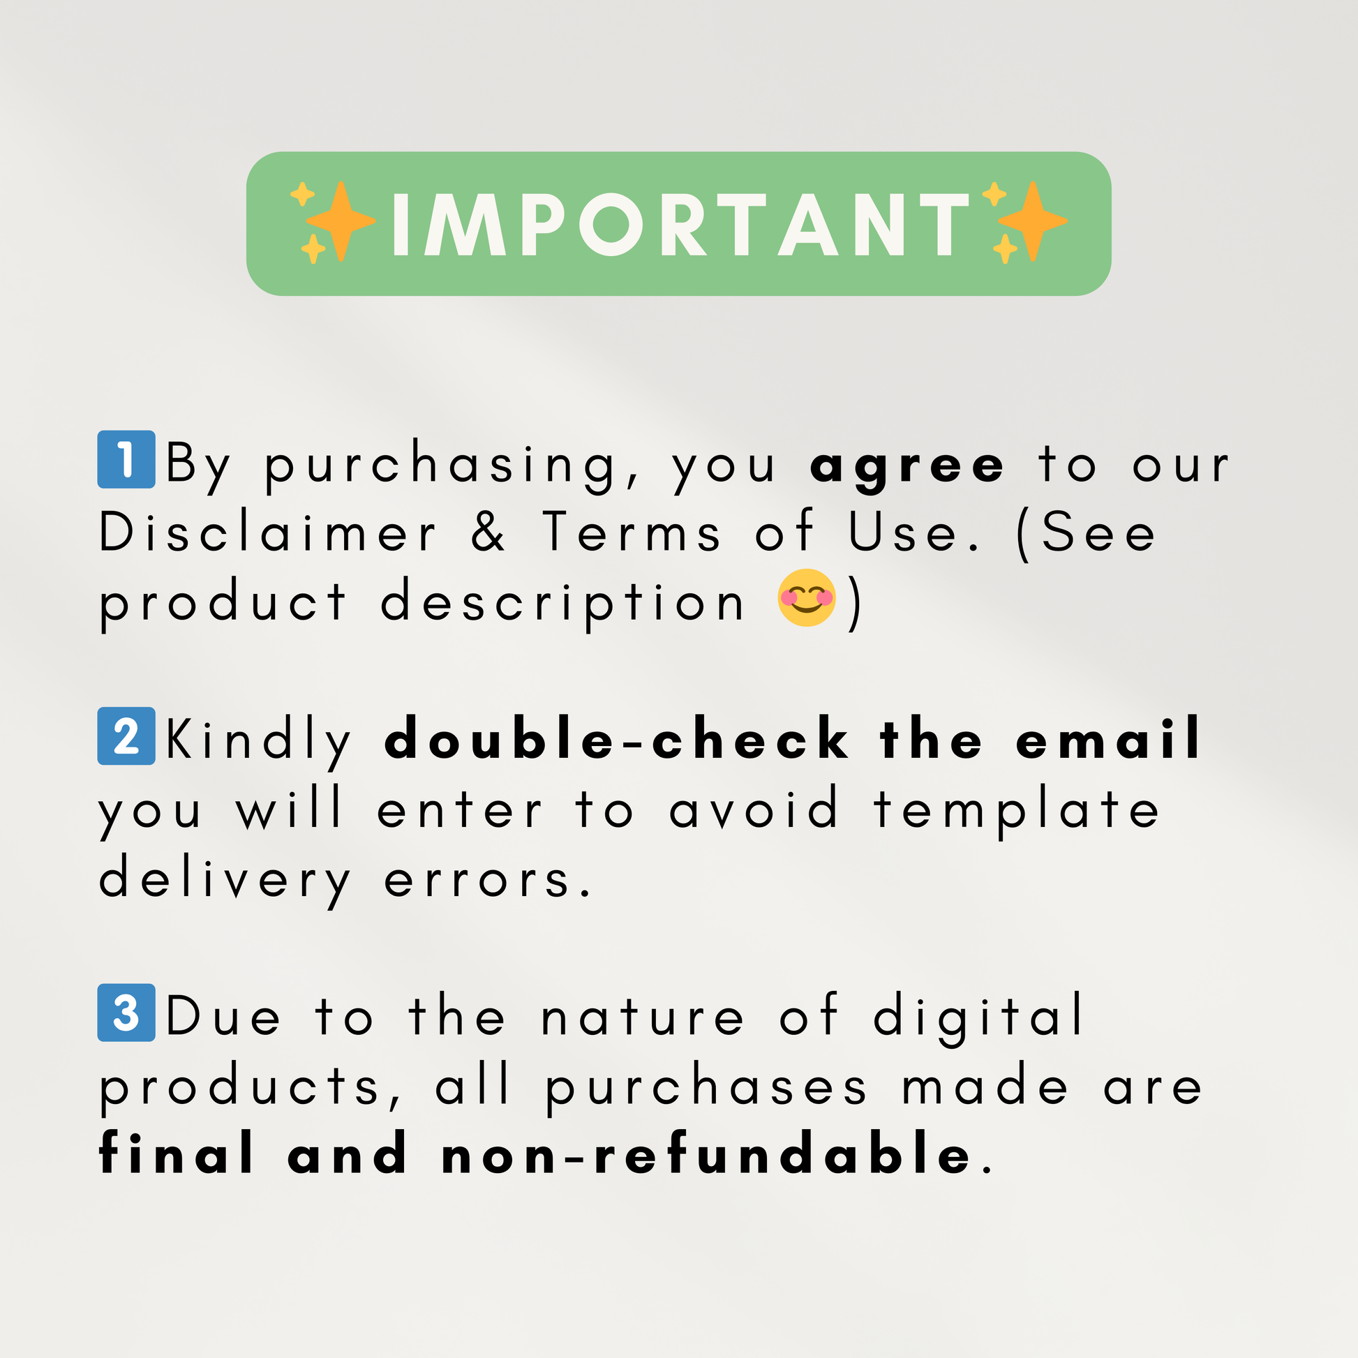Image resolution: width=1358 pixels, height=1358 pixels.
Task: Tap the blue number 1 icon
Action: click(126, 459)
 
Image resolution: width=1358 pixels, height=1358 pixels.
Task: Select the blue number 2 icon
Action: click(126, 736)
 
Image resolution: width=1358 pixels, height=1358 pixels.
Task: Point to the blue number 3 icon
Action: click(126, 1013)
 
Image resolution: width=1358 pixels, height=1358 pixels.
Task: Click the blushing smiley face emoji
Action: click(806, 597)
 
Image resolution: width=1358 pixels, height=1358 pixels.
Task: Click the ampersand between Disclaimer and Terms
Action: click(488, 530)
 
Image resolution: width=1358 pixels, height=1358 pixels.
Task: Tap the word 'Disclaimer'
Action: click(268, 530)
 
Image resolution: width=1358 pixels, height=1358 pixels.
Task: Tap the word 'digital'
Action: click(978, 1017)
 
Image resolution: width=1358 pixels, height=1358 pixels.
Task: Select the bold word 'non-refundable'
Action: click(706, 1154)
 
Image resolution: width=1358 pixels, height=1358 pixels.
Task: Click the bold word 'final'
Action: click(176, 1154)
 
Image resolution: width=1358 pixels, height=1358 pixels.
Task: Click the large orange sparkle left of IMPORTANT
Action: click(341, 221)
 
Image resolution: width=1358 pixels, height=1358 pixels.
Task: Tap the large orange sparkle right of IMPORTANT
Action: click(1033, 221)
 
